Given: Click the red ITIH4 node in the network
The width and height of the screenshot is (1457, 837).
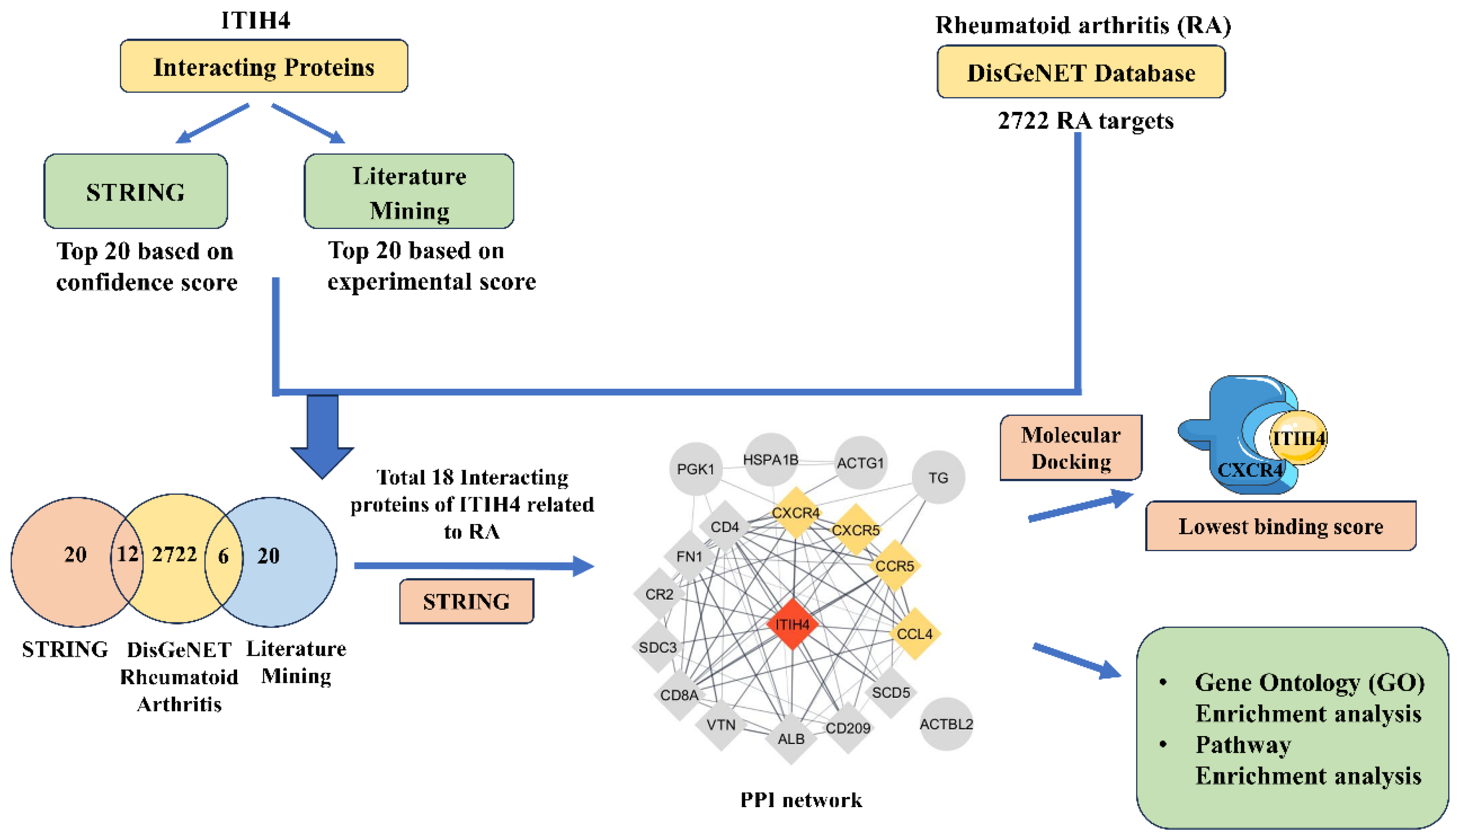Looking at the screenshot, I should [x=792, y=624].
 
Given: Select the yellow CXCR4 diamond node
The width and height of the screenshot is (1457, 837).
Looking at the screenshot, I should [x=795, y=512].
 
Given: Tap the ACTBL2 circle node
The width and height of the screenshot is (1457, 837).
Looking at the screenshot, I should [x=946, y=724].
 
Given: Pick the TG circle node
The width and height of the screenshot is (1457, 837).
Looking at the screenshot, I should [x=938, y=477].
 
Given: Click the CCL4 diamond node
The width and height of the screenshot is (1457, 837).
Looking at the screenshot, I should [x=914, y=633].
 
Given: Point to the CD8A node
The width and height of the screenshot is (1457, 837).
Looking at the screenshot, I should [x=679, y=695].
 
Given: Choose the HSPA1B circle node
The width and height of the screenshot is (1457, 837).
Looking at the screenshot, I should [x=771, y=459].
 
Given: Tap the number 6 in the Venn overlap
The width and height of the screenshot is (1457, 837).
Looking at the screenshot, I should [x=223, y=556].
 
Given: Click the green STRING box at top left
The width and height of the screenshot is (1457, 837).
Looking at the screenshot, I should [x=136, y=191].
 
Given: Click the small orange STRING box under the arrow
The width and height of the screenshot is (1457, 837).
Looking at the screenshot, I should [x=466, y=601].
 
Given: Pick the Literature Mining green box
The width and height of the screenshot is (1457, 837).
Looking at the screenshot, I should [x=409, y=191].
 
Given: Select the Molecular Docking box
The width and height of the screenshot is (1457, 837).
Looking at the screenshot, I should [x=1070, y=448].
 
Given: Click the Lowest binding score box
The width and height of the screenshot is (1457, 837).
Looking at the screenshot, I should [x=1280, y=526].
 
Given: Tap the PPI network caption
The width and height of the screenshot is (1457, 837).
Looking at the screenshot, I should [x=801, y=800].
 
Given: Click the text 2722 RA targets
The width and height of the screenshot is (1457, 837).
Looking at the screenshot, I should [x=1085, y=121].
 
